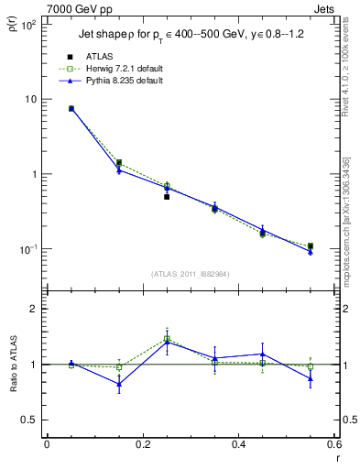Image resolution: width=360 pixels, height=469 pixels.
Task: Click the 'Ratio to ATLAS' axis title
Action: click(12, 394)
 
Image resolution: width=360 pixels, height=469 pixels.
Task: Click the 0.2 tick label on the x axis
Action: click(142, 444)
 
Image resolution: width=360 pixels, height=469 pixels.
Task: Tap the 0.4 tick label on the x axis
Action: click(238, 444)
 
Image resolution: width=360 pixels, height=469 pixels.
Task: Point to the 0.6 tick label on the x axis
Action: click(334, 444)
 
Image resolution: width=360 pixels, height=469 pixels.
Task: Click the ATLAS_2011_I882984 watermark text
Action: click(190, 273)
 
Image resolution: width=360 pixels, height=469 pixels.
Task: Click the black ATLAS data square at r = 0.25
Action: click(167, 197)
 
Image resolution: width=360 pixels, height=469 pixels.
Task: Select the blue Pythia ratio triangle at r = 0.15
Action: click(119, 384)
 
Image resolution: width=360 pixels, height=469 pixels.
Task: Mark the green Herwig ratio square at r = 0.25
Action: click(167, 338)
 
